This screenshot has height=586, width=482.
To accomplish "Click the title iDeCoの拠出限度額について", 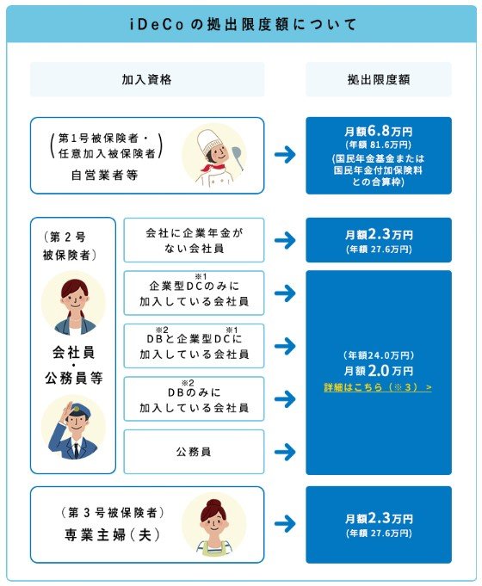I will point(241,23).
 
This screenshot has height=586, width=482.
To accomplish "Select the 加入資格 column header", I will point(147,79).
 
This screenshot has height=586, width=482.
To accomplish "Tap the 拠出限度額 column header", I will point(379,79).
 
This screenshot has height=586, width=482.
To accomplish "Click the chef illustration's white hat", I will point(211,139).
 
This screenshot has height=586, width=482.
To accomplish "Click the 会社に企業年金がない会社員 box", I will point(194,240).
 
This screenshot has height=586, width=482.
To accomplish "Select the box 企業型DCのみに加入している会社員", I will point(194,293).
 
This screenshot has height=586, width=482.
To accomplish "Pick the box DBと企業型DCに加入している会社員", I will point(194,346).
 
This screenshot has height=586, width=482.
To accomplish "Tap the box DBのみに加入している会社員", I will point(194,398).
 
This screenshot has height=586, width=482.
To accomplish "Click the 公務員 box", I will point(194,451).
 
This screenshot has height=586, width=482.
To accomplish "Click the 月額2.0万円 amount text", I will point(379,370).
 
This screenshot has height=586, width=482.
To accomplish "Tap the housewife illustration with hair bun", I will point(213,521).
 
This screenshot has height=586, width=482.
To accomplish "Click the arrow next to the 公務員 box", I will point(285,451).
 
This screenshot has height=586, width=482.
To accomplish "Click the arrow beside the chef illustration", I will point(285,156).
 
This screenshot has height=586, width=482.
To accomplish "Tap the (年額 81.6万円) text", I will point(379,146).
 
